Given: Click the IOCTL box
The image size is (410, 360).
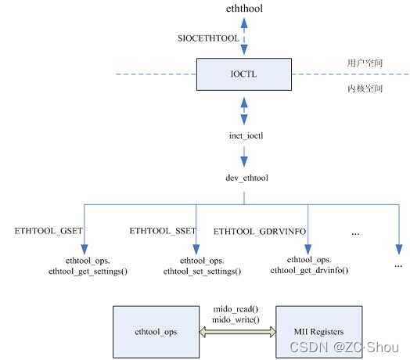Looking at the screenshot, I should [x=243, y=74].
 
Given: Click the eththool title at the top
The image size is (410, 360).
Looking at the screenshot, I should [x=243, y=9].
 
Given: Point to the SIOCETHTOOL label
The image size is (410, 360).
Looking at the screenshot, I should [x=208, y=37].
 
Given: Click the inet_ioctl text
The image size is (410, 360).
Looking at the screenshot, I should [x=243, y=138].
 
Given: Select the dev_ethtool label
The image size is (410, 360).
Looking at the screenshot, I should [x=243, y=178].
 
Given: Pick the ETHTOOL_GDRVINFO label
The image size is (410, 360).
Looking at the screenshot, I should [x=259, y=232].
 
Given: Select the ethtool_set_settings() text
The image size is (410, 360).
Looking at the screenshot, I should [x=202, y=271].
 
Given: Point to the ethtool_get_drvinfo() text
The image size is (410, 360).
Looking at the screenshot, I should [x=309, y=270].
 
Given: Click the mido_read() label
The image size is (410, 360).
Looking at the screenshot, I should [x=236, y=310].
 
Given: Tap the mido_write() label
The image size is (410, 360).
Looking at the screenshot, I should [x=236, y=320].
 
